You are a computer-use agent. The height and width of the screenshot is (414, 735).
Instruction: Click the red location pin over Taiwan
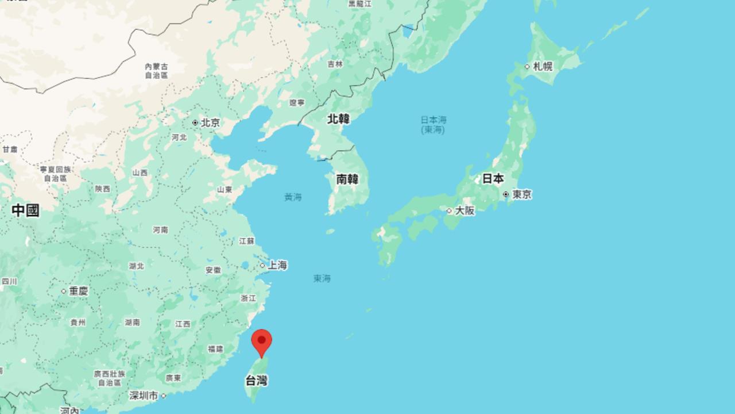(x=262, y=342)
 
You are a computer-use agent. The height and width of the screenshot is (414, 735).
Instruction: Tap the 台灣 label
(x=256, y=380)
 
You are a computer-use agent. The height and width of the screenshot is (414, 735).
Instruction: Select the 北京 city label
(x=210, y=122)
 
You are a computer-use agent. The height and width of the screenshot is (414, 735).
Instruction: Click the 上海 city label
(x=277, y=265)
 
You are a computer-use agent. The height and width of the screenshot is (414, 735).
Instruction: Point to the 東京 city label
(x=522, y=195)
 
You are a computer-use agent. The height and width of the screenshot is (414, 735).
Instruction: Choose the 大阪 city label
(x=465, y=210)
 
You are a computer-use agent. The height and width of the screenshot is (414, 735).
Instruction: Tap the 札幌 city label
(x=543, y=66)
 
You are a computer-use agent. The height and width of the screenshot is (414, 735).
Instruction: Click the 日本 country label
(x=493, y=178)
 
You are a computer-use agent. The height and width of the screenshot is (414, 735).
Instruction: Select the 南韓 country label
(x=347, y=179)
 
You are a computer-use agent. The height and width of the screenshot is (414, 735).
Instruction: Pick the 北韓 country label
(x=338, y=119)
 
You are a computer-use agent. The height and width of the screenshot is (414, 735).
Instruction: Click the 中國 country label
(x=26, y=210)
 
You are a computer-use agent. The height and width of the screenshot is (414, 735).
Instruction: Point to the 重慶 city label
(x=79, y=291)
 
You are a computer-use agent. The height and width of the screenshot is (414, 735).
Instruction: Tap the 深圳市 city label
(x=144, y=396)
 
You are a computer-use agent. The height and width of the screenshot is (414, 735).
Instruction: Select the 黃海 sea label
(x=293, y=197)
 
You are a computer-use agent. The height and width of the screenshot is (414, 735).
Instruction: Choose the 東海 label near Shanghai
(x=322, y=278)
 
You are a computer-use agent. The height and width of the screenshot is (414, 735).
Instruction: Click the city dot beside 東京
(x=506, y=195)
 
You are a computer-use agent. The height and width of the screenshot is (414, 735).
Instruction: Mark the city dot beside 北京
(x=195, y=122)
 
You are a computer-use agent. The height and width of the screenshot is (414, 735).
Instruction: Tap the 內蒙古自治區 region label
(x=156, y=71)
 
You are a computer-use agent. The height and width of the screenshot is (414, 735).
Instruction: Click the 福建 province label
(x=216, y=348)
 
